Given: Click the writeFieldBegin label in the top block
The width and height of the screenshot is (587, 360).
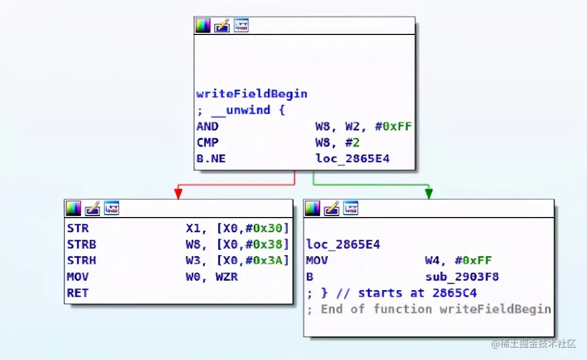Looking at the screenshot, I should point(252,94).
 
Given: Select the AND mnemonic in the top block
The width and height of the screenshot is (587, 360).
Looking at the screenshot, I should point(207,126).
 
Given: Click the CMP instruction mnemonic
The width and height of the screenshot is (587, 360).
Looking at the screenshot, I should point(207,142).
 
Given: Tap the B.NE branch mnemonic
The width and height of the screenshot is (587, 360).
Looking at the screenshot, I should point(211,158).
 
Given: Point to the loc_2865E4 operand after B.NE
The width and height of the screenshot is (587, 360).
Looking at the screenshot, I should point(352,158).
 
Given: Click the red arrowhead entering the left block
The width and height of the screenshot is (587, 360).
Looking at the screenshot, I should point(178,194).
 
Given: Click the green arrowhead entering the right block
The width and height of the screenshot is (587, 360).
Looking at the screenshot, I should point(428,194).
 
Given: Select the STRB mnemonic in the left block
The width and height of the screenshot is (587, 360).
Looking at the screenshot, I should point(82,244).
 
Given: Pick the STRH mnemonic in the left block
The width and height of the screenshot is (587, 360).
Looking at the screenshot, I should point(82,260).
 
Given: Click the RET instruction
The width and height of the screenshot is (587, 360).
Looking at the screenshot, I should point(77,293).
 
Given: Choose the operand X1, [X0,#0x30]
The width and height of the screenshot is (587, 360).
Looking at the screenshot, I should point(237,228).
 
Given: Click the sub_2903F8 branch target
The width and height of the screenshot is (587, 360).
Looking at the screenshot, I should point(461,276).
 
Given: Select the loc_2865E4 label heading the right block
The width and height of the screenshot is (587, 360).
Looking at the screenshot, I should point(343,244).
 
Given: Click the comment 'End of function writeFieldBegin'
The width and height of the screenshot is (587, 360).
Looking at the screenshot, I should point(435,309).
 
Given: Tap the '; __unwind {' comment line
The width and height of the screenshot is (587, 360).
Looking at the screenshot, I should point(241,110).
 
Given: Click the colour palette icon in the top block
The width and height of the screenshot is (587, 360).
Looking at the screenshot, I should point(203,25).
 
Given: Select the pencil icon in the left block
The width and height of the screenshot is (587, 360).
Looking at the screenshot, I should point(92,208).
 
